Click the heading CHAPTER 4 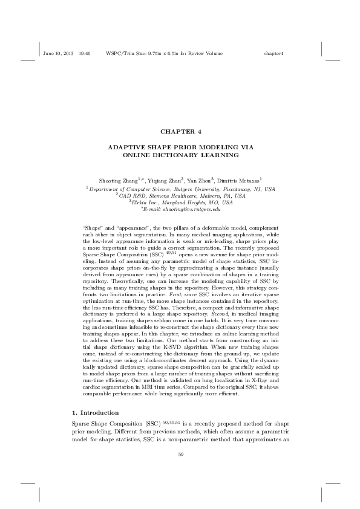[x=180, y=131]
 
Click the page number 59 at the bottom [x=180, y=454]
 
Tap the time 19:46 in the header [x=85, y=54]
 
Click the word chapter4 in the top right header [x=274, y=54]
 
